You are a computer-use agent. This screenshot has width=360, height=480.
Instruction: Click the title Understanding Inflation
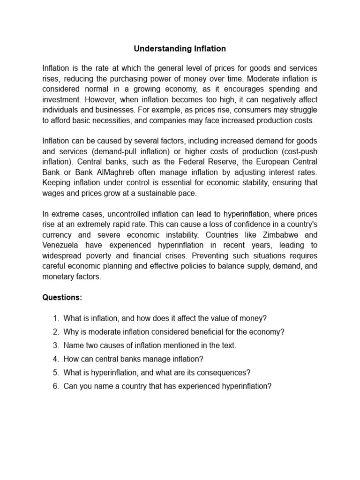(180, 48)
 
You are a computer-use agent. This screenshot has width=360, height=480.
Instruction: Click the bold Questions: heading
(62, 297)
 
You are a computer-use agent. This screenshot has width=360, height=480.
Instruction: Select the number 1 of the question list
(55, 318)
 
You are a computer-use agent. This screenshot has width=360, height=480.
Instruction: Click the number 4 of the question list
(55, 359)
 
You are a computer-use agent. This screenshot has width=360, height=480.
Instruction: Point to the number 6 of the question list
(55, 386)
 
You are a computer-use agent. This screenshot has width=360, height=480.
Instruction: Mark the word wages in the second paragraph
(53, 193)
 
